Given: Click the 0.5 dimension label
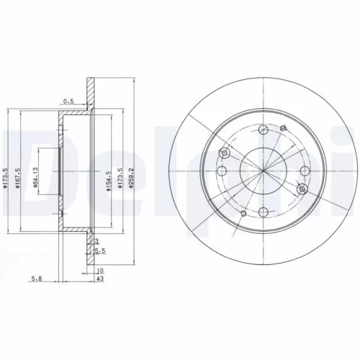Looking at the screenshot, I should point(70,101).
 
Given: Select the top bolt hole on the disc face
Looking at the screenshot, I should point(264,129).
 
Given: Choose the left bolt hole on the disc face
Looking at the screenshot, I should point(222,171).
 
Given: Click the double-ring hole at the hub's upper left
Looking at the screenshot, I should point(225,153).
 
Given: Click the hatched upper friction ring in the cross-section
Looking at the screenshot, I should point(90,92).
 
